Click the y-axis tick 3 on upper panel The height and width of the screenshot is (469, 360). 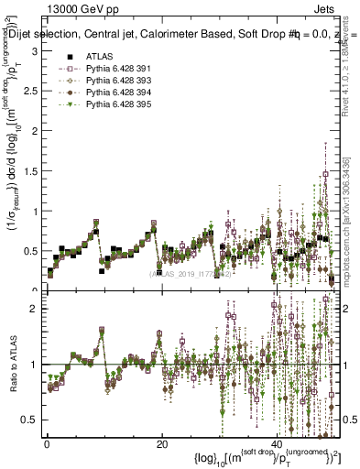(x=34, y=52)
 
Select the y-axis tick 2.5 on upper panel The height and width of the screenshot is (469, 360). (x=30, y=92)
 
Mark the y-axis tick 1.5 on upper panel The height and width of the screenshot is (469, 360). (x=30, y=171)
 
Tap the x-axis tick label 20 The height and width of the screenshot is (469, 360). (x=162, y=444)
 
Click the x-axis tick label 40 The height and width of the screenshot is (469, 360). (x=278, y=444)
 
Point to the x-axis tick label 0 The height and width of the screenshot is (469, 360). (x=47, y=444)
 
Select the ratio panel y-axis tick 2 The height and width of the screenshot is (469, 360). (x=34, y=309)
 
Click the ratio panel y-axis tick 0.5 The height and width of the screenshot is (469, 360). (x=30, y=420)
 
